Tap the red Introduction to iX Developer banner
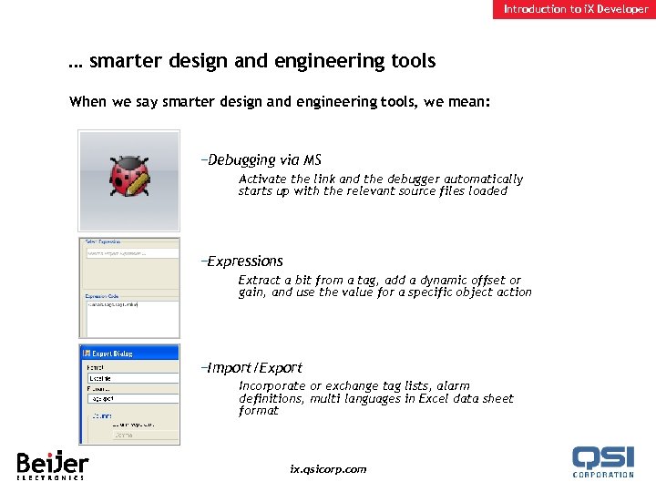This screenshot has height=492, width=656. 576,9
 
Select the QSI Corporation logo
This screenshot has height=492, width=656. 602,461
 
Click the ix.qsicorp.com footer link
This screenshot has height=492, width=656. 327,469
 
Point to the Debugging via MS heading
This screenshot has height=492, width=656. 263,160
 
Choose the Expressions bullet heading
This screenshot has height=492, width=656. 244,261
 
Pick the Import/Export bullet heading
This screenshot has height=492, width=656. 254,368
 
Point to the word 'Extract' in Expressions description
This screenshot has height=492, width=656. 260,281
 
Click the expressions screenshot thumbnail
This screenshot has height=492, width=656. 128,288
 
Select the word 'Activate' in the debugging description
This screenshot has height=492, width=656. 262,179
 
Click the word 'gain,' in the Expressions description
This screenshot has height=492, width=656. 252,292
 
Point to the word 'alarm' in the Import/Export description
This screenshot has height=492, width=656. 453,386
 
